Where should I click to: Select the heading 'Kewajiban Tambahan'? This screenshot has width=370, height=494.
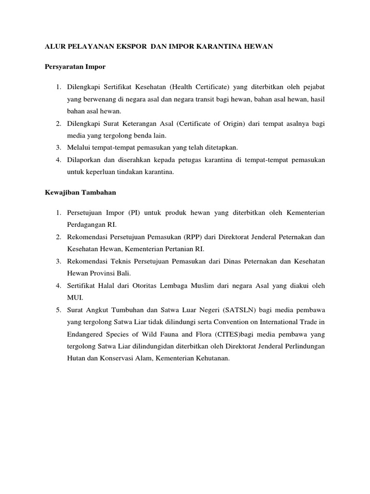[77, 192]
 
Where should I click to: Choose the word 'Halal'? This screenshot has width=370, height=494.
[112, 286]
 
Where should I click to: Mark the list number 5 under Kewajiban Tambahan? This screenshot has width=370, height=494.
[57, 309]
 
